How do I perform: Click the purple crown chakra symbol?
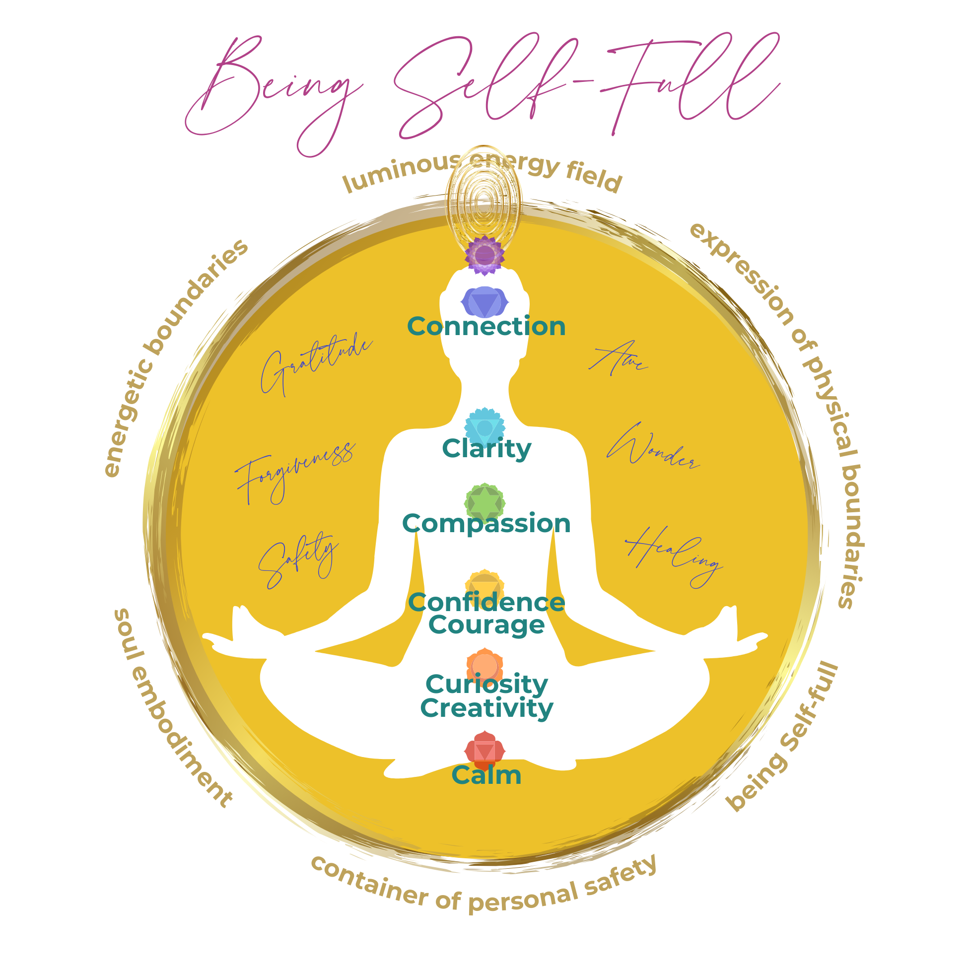click(484, 256)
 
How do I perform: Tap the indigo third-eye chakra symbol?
click(484, 302)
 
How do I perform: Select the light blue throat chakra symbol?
click(484, 426)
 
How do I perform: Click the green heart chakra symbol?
click(484, 502)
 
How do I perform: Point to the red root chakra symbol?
click(484, 750)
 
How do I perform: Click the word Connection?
click(486, 327)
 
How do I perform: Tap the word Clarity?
click(486, 449)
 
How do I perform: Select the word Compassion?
click(486, 524)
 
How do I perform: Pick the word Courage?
click(486, 625)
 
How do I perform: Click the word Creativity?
click(486, 708)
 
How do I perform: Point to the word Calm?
click(486, 775)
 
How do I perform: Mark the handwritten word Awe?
click(617, 359)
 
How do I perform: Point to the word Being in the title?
click(273, 93)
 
